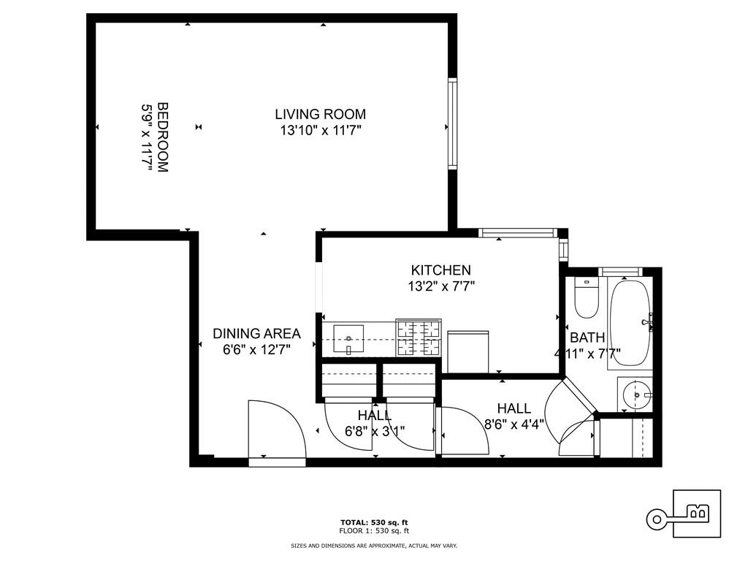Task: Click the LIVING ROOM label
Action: pos(320,115)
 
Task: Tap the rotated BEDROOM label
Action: pos(163,137)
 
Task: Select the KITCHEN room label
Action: pos(440,270)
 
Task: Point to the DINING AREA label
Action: pos(256,333)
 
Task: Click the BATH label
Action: pos(587,337)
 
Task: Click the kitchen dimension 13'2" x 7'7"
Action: pos(441,286)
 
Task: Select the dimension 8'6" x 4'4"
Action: pos(514,424)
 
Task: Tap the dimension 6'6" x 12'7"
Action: pos(256,350)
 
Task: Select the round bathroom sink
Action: pos(637,394)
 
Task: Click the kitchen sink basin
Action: pos(348,340)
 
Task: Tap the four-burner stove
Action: pos(419,337)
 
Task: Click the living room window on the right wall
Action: pos(453,123)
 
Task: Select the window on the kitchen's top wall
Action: pos(518,233)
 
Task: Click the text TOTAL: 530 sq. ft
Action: pos(374,522)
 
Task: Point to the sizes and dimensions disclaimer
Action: pos(374,545)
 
